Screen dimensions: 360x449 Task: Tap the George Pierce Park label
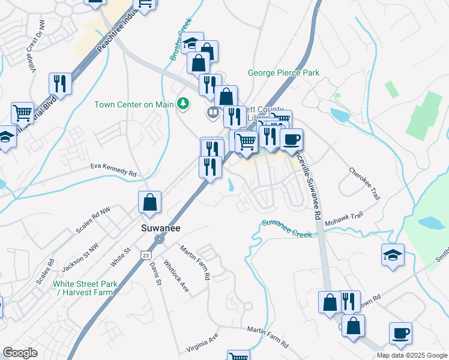(283, 73)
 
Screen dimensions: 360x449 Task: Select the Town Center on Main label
(133, 104)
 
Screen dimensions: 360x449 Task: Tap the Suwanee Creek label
(287, 229)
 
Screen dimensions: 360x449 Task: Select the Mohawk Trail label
(345, 219)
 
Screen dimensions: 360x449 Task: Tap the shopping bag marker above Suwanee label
(149, 203)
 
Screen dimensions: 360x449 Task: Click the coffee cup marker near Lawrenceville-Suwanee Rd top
(292, 140)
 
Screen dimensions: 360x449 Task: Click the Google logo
(20, 353)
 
